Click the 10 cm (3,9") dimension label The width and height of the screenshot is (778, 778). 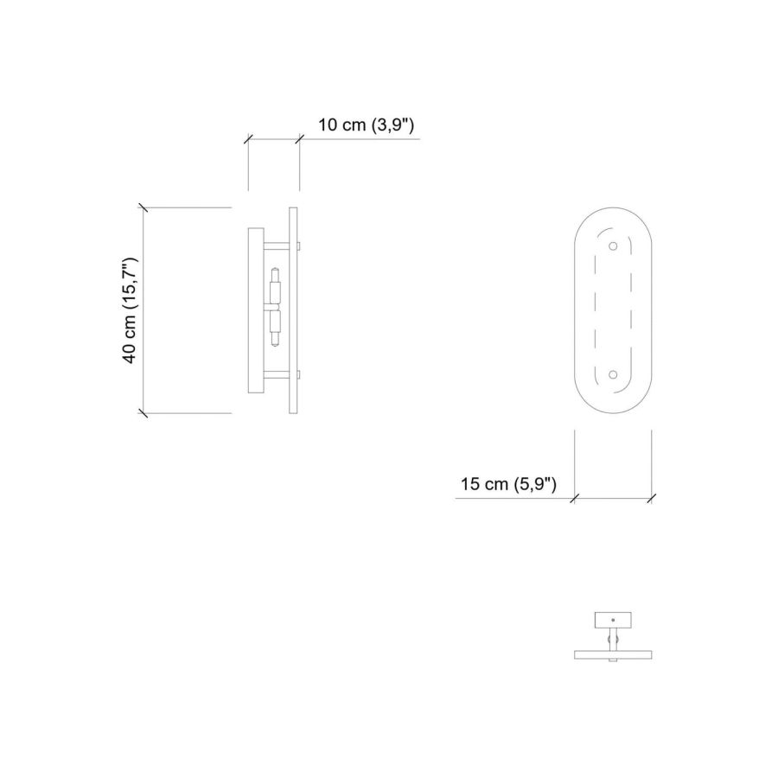366,124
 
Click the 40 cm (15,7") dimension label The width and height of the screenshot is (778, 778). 130,310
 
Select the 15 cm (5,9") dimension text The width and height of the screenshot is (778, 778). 508,484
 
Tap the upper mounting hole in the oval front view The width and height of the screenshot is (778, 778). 613,246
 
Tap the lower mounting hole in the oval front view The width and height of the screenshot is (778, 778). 613,374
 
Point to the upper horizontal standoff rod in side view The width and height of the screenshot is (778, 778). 277,246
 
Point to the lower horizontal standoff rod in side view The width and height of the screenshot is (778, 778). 277,375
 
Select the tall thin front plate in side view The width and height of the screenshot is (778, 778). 293,310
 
